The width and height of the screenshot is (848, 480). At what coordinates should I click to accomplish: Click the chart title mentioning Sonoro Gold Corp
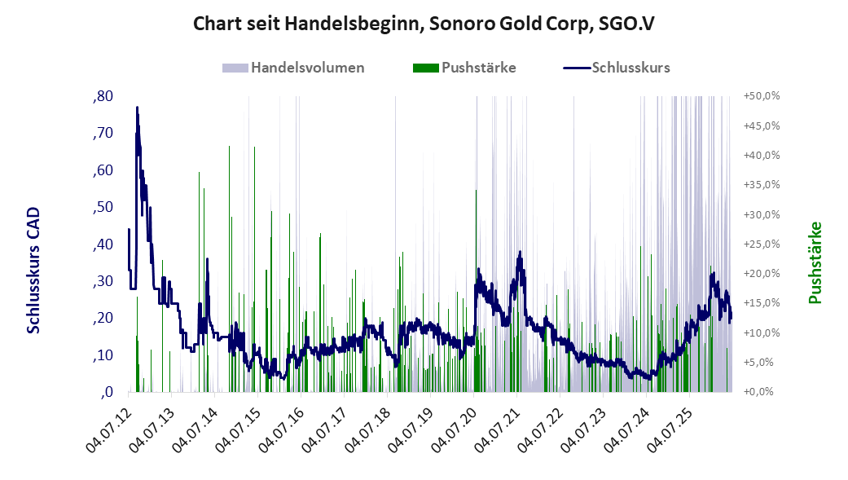424,24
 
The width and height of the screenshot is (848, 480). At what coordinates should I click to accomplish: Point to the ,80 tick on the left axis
103,96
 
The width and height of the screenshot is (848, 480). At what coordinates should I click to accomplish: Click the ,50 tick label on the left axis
103,207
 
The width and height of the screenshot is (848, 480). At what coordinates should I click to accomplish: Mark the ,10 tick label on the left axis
103,355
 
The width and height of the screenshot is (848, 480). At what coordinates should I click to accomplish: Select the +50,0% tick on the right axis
762,96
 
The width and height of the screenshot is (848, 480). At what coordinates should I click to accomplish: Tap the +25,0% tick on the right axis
762,244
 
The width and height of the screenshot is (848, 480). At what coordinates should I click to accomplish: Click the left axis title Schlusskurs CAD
33,270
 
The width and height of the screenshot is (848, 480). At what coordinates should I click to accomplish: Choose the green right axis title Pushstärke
815,262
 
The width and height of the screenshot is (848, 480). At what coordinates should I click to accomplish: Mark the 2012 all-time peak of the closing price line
137,108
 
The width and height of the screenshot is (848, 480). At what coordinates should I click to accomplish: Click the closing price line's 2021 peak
521,252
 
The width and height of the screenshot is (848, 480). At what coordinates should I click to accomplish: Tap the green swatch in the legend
425,68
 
